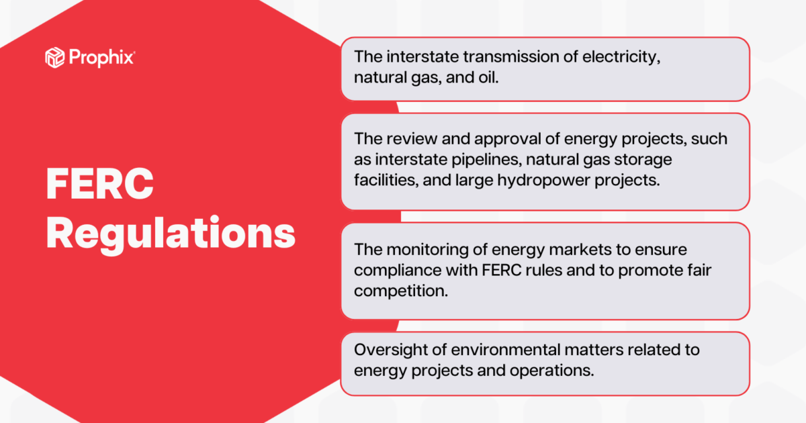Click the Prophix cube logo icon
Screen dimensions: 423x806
click(54, 58)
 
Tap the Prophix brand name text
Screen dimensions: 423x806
click(101, 58)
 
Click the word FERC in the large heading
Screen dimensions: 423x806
click(100, 184)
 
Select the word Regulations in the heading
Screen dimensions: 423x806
click(171, 233)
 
